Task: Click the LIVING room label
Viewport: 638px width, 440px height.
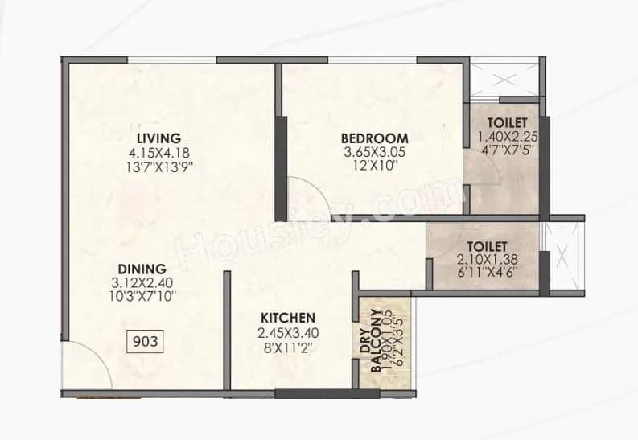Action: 158,138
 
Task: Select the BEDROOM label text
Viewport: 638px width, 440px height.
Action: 374,138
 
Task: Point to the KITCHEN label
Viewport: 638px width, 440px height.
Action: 286,318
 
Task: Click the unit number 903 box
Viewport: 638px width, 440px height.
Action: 145,341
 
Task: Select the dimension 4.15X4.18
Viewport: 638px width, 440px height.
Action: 158,152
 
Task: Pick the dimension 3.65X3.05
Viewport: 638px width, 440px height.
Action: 374,152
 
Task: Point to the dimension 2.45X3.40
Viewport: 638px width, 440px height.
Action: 286,332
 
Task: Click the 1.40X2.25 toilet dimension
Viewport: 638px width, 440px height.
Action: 506,136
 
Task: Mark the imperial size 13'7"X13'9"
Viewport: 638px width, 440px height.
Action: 158,167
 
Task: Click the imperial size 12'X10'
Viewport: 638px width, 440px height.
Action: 374,167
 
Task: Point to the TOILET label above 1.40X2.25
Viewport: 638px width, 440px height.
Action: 506,122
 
